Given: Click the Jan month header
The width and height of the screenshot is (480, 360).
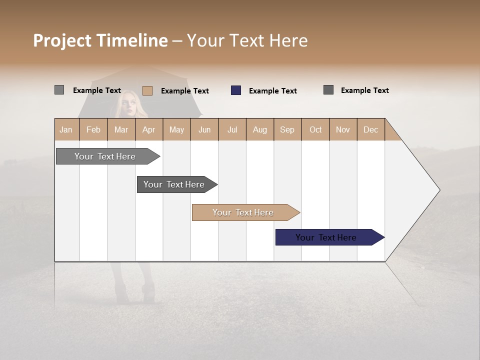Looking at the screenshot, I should point(66,129).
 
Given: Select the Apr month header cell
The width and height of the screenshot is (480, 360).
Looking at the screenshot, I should point(149,129).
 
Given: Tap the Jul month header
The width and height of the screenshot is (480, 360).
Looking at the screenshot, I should point(232,129).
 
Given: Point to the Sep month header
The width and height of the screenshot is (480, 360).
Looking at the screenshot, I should point(287,129).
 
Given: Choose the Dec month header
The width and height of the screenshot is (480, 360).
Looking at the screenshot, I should point(370,129).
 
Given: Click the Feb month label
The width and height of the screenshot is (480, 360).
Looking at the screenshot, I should point(93,129).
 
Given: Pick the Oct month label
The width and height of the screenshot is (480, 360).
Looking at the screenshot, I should point(315,129).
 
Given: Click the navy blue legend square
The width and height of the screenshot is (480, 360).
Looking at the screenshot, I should point(236,90).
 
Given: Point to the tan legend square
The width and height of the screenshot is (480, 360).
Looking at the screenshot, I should point(147,90).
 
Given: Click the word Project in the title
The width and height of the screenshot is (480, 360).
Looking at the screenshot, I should point(62,40).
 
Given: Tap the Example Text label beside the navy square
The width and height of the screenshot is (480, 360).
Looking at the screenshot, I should point(272,91).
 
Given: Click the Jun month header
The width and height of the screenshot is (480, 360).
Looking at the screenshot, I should point(204,129).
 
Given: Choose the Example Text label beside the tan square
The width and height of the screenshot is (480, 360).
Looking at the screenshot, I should point(184,91).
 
